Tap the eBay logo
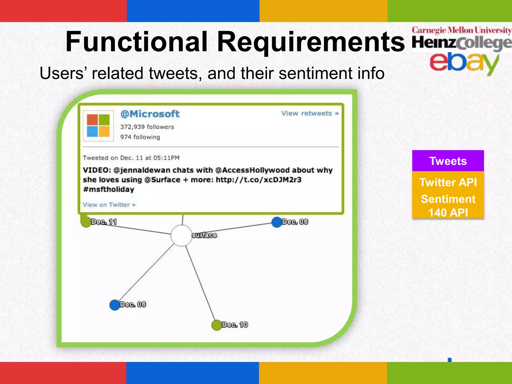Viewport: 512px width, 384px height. point(464,62)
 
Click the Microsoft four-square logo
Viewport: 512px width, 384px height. point(98,125)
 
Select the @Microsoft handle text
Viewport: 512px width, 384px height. point(150,114)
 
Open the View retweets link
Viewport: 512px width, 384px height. point(310,113)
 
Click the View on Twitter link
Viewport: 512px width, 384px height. point(109,205)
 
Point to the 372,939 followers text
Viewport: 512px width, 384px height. point(147,127)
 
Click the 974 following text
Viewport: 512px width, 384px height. point(140,137)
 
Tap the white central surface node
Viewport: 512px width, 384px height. point(181,235)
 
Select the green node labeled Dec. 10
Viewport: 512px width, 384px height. point(216,325)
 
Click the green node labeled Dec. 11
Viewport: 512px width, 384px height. point(86,222)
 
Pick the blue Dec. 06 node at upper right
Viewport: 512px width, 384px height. point(277,222)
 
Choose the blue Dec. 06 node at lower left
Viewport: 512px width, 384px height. point(115,305)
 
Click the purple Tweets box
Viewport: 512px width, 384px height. point(448,161)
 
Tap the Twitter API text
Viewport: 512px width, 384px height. point(448,182)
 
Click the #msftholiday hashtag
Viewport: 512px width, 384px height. point(108,189)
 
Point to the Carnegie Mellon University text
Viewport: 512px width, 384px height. point(461,30)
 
